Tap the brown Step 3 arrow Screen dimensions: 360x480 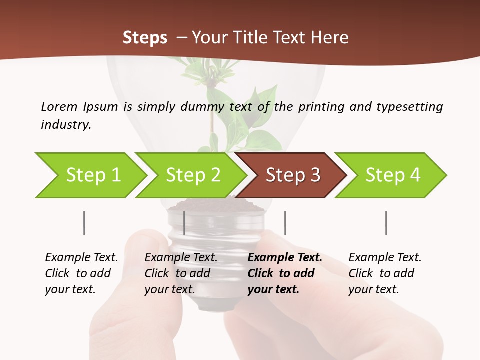tap(292, 175)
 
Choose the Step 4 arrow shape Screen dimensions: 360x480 tap(392, 175)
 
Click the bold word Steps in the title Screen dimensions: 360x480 tap(145, 37)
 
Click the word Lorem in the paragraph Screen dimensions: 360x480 tap(59, 106)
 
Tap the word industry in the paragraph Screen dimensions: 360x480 tap(65, 125)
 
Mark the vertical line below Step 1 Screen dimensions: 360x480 tap(84, 223)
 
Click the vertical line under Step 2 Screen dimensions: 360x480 tap(184, 223)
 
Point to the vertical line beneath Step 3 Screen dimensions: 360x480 tap(285, 223)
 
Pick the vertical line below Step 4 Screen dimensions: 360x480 tap(386, 223)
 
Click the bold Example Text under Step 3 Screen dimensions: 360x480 tap(285, 258)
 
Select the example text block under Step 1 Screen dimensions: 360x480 tap(81, 273)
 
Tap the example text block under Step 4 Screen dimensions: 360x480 tap(385, 273)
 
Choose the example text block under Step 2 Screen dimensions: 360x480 tap(181, 273)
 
